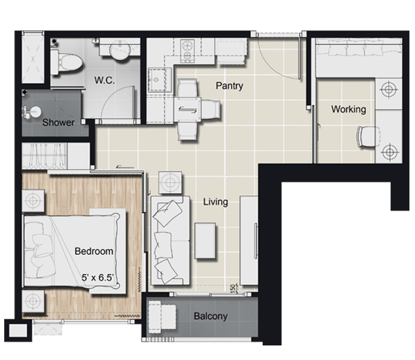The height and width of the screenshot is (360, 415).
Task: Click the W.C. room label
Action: point(104,80)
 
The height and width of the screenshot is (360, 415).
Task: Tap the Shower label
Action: point(59,123)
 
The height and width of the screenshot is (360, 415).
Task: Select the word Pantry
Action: point(230,86)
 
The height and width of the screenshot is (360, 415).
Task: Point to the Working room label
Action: point(349,109)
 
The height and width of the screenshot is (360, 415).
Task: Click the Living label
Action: point(215,202)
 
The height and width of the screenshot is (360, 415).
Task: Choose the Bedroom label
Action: point(94,251)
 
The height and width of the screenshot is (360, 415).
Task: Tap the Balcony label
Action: point(211,316)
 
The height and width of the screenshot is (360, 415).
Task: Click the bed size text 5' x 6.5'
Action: point(98,278)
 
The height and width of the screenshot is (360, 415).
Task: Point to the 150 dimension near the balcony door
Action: point(232,287)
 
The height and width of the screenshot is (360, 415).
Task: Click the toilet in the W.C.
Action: point(66,62)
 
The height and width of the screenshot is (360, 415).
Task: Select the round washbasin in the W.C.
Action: point(120,50)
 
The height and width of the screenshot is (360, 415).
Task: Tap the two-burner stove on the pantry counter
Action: point(187,51)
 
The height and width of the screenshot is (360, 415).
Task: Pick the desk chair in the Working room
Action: point(369,136)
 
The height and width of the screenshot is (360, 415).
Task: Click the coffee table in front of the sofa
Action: point(205,241)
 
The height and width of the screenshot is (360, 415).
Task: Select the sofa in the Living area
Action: point(170,240)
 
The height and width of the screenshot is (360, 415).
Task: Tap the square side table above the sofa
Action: point(170,182)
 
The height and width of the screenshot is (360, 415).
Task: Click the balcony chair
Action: point(162,315)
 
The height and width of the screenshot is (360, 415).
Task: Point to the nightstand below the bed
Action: point(33,301)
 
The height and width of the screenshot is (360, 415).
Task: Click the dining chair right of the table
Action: point(210,109)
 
